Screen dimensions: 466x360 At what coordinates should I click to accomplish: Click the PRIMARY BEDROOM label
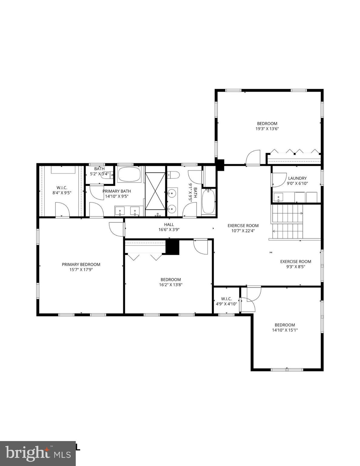coord(81,265)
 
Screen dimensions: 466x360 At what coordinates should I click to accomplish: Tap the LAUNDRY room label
coord(297,178)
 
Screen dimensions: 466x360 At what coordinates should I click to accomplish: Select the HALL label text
coord(169,225)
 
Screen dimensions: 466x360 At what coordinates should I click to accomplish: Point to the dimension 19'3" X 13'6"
coord(267,129)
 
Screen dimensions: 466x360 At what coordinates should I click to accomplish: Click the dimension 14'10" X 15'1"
coord(285,330)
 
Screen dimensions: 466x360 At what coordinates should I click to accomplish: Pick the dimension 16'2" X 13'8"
coord(171,285)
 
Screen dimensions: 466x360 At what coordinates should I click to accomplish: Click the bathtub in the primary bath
coord(130,174)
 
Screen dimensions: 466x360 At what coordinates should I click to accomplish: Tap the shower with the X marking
coord(155,191)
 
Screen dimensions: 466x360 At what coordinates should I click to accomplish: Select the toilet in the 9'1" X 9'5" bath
coord(174,175)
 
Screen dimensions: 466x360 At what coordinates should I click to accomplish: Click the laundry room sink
coord(278,197)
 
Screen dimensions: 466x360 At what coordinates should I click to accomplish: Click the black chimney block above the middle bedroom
coord(173,247)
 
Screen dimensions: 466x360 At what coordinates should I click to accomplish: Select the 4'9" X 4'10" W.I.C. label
coord(226,301)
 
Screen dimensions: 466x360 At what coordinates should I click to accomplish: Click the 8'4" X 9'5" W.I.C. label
coord(62,190)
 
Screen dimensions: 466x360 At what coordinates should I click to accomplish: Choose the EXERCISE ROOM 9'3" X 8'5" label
coord(295,264)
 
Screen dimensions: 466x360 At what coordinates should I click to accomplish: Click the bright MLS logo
coord(38,453)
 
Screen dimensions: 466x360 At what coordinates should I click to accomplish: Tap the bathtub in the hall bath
coord(208,201)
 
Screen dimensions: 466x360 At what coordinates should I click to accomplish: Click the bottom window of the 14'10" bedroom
coord(287,370)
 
